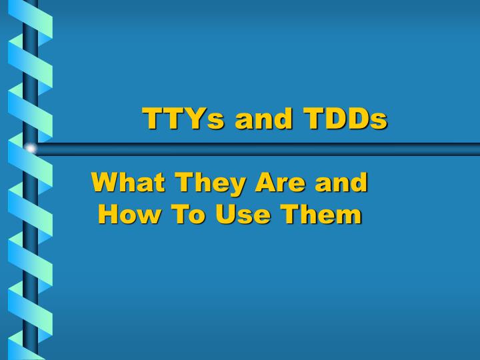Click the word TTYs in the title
[x=175, y=119]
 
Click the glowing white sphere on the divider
[x=30, y=148]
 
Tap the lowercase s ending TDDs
[x=379, y=122]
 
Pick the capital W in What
[x=105, y=182]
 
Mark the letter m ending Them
[x=349, y=216]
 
